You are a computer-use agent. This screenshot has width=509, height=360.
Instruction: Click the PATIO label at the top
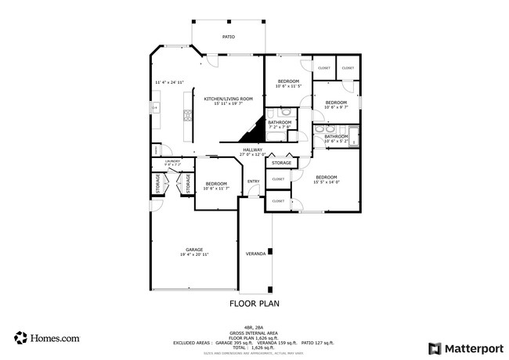(x=228, y=37)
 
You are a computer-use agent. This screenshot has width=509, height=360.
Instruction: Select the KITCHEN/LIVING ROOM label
(x=229, y=99)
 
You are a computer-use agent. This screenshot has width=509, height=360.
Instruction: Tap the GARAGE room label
(x=194, y=250)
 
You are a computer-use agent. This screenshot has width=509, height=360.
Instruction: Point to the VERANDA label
(x=255, y=254)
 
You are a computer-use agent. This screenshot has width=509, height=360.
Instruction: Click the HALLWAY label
(x=251, y=149)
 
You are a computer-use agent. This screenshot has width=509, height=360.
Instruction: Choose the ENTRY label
(x=253, y=182)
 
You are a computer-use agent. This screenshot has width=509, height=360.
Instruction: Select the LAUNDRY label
(x=172, y=161)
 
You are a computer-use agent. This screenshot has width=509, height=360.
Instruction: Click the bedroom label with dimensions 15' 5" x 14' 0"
(x=326, y=178)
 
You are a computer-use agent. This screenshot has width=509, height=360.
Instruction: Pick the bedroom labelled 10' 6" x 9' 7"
(x=336, y=103)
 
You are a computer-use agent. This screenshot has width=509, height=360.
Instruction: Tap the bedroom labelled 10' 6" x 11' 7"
(x=215, y=184)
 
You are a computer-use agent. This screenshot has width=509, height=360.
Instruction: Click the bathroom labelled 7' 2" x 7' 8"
(x=280, y=122)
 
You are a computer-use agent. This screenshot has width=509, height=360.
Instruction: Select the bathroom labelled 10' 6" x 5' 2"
(x=336, y=136)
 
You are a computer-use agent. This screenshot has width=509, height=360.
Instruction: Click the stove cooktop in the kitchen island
(x=187, y=117)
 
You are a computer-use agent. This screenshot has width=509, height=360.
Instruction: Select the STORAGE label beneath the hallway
(x=282, y=163)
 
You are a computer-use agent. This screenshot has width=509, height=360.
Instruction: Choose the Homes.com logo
(x=46, y=338)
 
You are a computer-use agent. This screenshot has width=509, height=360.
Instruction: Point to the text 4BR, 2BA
(x=254, y=327)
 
